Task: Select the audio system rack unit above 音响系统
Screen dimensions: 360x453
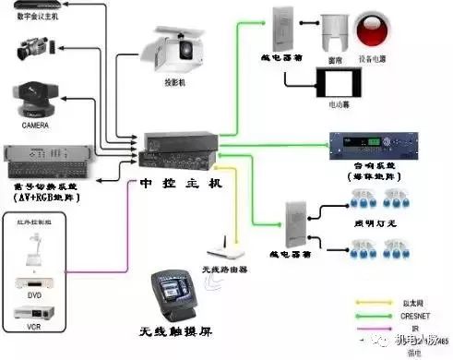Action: coord(368,144)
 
